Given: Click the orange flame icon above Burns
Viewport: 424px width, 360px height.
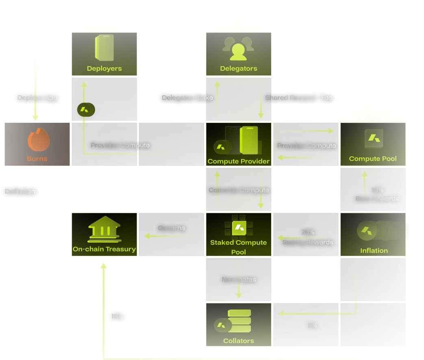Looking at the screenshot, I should click(38, 140).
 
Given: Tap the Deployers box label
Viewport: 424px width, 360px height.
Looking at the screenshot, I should click(104, 68).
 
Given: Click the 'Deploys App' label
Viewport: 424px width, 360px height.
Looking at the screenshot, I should click(37, 98).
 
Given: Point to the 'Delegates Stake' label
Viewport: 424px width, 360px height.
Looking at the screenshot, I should click(187, 98).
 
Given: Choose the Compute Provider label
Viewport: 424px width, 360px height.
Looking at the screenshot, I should click(238, 161).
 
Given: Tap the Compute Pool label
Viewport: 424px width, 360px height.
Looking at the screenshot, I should click(373, 159).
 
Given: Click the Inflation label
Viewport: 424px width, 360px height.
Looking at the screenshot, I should click(374, 251).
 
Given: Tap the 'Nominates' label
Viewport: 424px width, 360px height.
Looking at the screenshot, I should click(239, 279).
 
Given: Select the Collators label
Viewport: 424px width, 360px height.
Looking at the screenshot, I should click(238, 341).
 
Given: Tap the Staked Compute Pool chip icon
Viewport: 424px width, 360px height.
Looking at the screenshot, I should click(239, 227).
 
